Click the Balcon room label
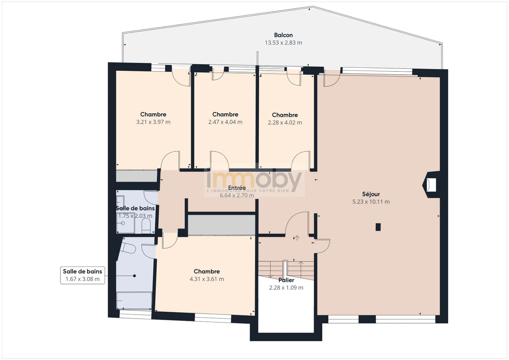[x=283, y=35]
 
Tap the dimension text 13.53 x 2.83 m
[x=283, y=43]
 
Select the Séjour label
[x=371, y=194]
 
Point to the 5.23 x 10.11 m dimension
[x=371, y=202]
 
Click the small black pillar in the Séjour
[x=378, y=227]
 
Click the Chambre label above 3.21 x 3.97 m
[x=153, y=114]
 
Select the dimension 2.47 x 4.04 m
[x=225, y=122]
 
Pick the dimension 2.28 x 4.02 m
[x=285, y=123]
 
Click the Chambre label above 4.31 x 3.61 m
[x=207, y=271]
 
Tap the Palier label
[x=286, y=280]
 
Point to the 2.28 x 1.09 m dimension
[x=286, y=288]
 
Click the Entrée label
[x=237, y=188]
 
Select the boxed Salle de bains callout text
[x=82, y=271]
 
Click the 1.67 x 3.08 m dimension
[x=82, y=279]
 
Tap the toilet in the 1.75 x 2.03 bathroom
[x=146, y=226]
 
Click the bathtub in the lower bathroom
[x=134, y=301]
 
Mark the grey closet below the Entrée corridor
[x=222, y=225]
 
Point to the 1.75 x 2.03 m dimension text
[x=135, y=216]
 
